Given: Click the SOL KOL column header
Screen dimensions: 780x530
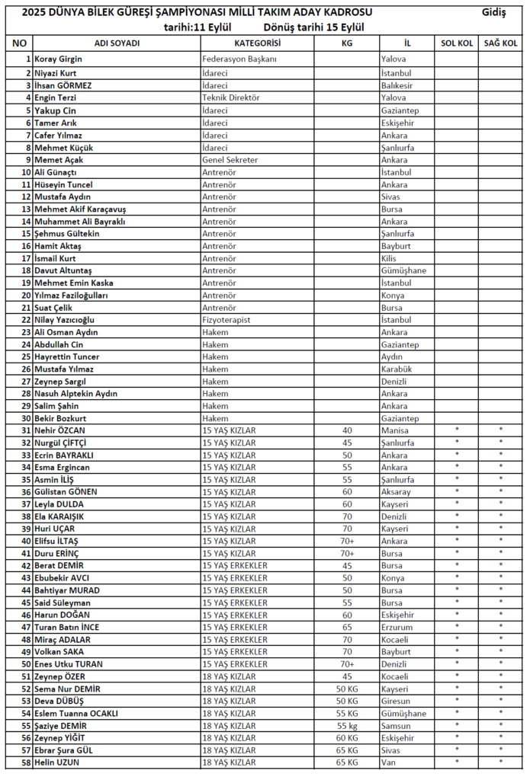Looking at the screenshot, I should pos(457,43).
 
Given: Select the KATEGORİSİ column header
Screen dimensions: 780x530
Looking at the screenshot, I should pos(257,43).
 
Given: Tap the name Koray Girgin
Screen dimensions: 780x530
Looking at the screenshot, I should pos(58,59).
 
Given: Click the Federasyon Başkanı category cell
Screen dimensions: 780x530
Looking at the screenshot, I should pos(239,59).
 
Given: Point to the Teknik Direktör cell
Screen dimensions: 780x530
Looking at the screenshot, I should pos(231,97).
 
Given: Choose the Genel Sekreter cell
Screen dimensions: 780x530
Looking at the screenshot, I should pos(230,160).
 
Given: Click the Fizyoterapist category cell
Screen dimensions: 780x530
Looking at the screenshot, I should pos(226,320).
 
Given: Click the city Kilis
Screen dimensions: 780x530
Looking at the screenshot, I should pos(389,258).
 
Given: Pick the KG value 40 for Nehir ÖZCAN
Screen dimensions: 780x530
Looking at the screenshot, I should pos(348,430).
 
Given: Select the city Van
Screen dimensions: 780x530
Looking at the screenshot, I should pos(388,762).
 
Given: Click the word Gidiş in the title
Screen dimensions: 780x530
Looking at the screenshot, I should pos(494,13).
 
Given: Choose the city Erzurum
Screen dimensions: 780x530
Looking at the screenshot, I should pos(397,627).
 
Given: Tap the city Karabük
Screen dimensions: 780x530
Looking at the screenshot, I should pos(397,369).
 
